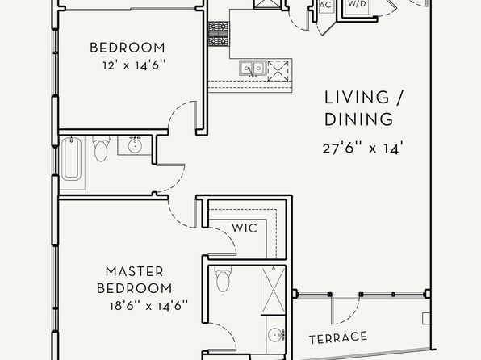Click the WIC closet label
pos(245,228)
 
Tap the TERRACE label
pos(338,337)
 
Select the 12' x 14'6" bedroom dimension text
pos(134,65)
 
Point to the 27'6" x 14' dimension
pos(362,149)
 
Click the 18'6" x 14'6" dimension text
pos(148,306)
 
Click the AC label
pos(326,5)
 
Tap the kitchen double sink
pos(253,68)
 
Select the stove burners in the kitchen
pos(219,34)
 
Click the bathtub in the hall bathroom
pos(72,159)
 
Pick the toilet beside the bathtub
pos(101,149)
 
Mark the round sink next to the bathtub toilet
pos(134,144)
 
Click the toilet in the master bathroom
pos(224,278)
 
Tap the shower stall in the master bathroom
pos(274,291)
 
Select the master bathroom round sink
pos(275,334)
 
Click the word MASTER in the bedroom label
pos(134,271)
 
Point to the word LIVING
pos(357,98)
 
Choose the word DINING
pos(358,119)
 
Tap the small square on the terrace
pos(426,319)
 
